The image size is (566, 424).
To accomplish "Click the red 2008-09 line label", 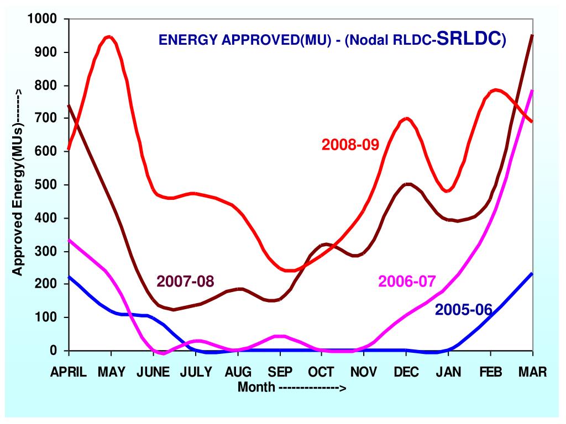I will (350, 145).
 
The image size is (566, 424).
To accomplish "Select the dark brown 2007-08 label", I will (185, 281).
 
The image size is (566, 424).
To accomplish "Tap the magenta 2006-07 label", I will (407, 281).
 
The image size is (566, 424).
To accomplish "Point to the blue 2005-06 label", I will (463, 310).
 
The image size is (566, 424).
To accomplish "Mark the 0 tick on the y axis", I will (54, 351).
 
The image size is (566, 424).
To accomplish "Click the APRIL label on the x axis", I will (69, 372).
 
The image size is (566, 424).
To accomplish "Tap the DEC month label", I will (406, 372).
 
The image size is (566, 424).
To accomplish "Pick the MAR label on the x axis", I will (532, 372).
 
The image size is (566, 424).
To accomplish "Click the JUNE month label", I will (153, 372).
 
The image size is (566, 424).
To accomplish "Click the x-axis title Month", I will (256, 387).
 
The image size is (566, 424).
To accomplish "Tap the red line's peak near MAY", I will (110, 37).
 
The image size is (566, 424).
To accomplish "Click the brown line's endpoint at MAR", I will (532, 36).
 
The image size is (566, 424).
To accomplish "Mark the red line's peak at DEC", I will (407, 118).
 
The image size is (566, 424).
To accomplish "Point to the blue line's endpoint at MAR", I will (532, 273).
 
